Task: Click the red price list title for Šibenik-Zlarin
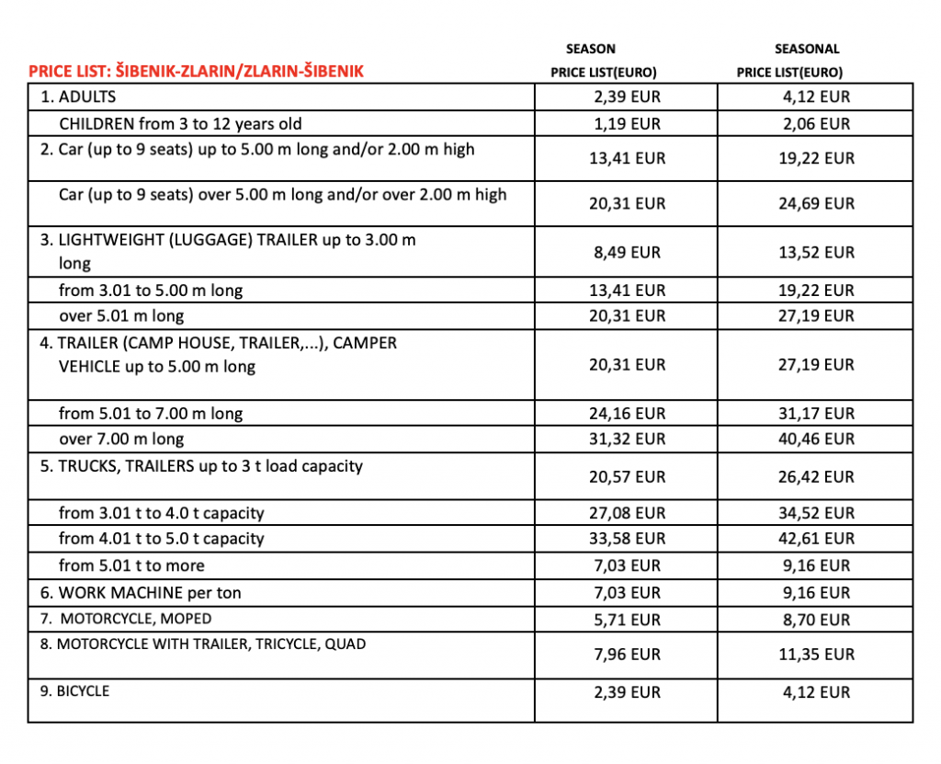196,71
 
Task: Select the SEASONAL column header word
807,49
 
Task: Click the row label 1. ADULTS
78,97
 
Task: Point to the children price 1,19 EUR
627,124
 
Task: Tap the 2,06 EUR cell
816,124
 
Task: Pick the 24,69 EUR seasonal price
816,203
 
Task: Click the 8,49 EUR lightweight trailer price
627,252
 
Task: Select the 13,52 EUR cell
816,252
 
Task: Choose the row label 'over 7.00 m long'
121,439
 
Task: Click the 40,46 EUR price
816,439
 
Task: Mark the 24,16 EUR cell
627,414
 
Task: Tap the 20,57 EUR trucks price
627,477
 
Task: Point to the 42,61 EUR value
816,539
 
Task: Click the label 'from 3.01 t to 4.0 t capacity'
162,513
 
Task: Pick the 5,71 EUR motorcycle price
627,620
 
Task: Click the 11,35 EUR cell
816,655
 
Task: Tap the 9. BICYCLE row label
74,690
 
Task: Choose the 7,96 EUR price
627,655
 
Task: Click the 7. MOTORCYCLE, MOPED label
126,619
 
